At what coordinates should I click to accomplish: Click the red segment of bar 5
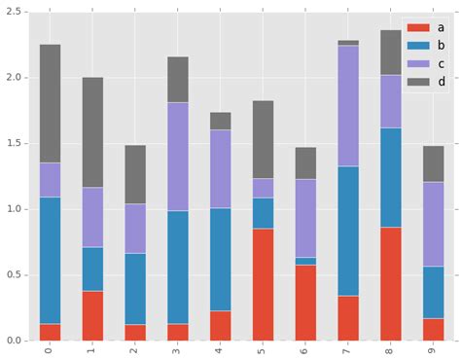[263, 284]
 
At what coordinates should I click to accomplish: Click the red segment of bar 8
[390, 283]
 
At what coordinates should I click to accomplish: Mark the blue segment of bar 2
[135, 288]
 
